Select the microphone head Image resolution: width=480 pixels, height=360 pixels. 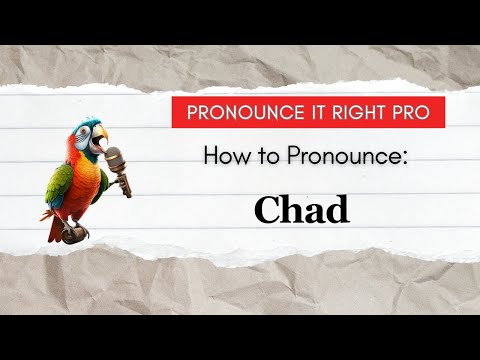click(x=114, y=157)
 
